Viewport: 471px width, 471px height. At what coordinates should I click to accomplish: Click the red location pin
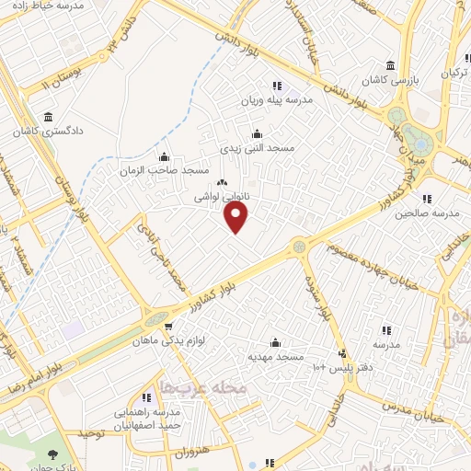236,216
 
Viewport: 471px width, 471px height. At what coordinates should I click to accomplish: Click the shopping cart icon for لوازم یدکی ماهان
167,326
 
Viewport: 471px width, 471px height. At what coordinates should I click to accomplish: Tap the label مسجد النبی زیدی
257,147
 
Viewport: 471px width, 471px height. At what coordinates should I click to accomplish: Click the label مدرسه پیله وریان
278,99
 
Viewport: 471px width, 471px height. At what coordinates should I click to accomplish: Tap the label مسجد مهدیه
274,355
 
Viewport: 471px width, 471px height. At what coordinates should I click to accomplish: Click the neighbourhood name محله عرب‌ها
204,388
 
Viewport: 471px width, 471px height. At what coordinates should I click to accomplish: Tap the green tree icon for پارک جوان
53,454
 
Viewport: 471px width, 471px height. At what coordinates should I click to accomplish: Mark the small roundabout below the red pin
299,247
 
